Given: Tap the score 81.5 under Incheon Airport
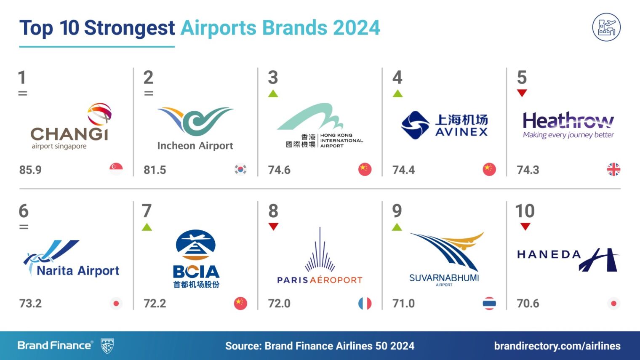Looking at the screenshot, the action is pos(155,170).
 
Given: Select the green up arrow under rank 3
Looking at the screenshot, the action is pos(273,93).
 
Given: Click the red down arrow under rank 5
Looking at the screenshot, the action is pos(522,93).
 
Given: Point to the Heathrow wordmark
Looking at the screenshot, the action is pos(568,120).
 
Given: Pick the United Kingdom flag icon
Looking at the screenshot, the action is pos(613,169).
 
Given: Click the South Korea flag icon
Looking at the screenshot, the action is pos(240,169).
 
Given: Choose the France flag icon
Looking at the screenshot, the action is pos(365,304).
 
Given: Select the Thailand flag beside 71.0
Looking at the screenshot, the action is pos(489,304).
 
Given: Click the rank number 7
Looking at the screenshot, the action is pos(147,211).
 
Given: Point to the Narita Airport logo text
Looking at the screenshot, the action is pos(78,271).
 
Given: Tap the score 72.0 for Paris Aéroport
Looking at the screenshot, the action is pos(279,304).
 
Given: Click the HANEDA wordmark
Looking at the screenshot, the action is pos(549,254).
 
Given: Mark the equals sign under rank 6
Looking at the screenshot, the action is pos(24,227).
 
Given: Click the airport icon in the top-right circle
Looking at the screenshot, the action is pos(606,27).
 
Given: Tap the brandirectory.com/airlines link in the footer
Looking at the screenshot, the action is pos(557,346).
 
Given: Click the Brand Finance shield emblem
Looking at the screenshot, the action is pos(107,346).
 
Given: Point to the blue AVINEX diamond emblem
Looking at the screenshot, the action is pos(415,125).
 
